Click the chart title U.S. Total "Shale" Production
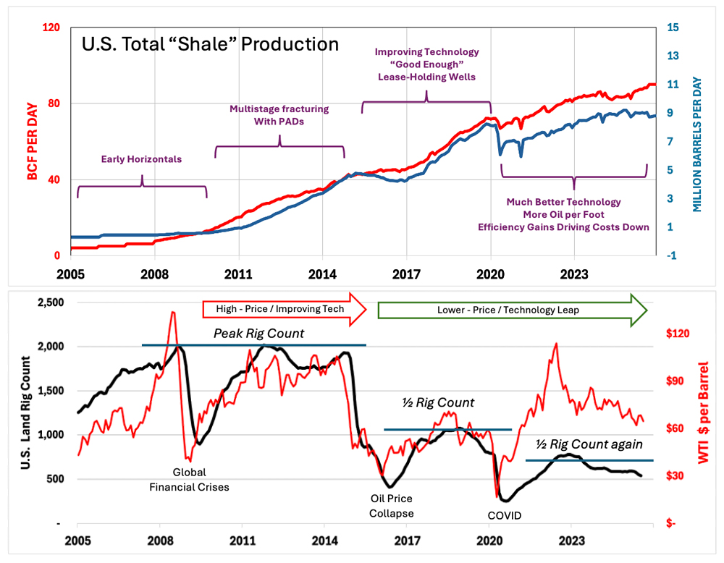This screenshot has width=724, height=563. click(x=210, y=45)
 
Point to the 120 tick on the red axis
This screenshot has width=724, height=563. click(x=49, y=27)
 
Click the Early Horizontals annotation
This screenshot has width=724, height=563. click(x=141, y=158)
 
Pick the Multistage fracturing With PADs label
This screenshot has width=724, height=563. click(x=279, y=115)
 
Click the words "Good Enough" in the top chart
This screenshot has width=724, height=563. click(x=426, y=64)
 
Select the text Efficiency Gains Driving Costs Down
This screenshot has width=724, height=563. click(x=563, y=227)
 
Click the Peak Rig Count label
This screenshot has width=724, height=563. click(x=249, y=334)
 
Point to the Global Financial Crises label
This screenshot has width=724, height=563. click(x=189, y=481)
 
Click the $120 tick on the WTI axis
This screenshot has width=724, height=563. click(x=681, y=334)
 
